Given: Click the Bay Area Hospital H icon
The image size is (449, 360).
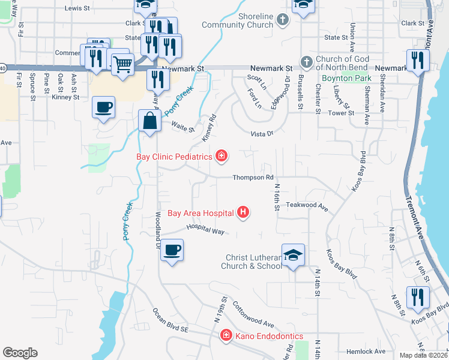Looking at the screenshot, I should [243, 212].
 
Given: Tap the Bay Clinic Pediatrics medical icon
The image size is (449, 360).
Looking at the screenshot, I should [221, 157].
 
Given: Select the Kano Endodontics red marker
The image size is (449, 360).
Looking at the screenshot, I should [226, 335].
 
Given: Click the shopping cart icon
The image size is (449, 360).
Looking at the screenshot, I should [122, 64].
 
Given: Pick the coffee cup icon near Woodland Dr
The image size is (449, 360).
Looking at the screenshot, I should [172, 250].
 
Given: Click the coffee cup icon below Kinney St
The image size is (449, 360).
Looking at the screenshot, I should [103, 107].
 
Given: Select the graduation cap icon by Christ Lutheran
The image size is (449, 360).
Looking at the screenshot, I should [293, 254].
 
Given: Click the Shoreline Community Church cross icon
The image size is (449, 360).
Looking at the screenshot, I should [283, 20].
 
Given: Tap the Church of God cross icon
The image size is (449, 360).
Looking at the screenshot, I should [306, 62].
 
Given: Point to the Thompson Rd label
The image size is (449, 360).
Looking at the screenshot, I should [253, 178].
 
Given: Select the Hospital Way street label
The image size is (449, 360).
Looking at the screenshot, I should [205, 229].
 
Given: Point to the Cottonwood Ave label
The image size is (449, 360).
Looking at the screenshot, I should [253, 314].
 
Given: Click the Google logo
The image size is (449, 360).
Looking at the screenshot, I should [20, 352].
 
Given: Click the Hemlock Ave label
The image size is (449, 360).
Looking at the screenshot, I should [366, 351].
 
